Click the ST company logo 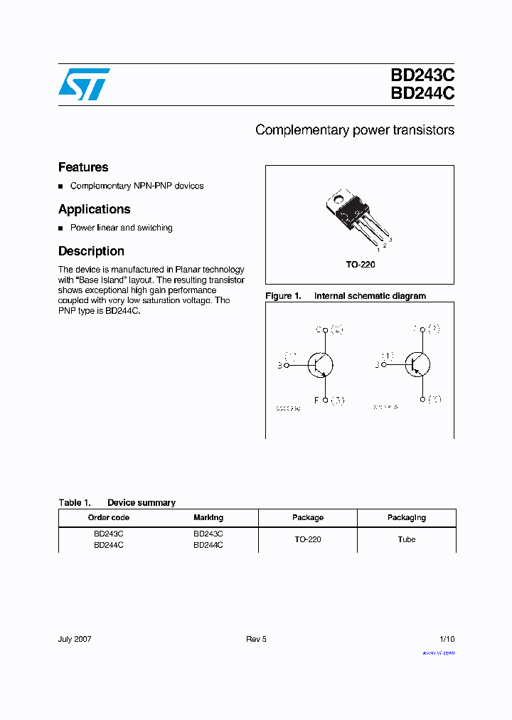[x=83, y=84]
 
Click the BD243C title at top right [x=422, y=76]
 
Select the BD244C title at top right [x=422, y=94]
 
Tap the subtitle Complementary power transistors [x=354, y=130]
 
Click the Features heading [x=83, y=168]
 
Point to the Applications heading [x=94, y=209]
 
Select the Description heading [x=91, y=251]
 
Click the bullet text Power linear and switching [x=121, y=228]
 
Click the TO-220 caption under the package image [x=360, y=265]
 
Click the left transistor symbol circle [x=321, y=364]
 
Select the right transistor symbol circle [x=417, y=364]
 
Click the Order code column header [x=108, y=518]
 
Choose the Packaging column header [x=406, y=518]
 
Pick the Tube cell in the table [x=406, y=539]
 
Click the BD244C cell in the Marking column [x=208, y=545]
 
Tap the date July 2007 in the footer [x=75, y=639]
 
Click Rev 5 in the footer [x=256, y=639]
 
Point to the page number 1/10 [x=446, y=639]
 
